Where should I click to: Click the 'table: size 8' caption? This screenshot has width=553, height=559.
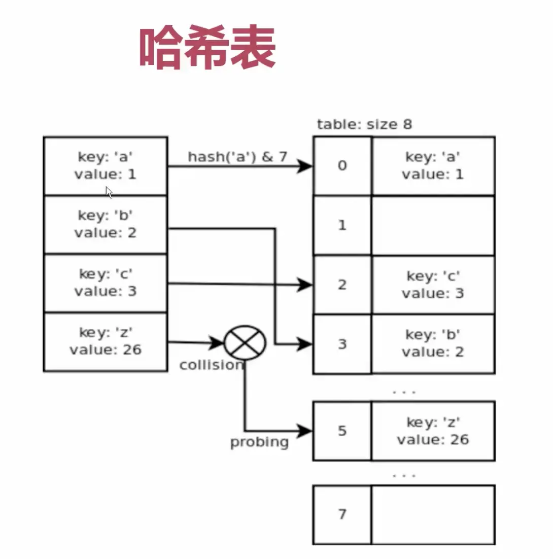364,124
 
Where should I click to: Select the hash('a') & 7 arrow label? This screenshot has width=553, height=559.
237,157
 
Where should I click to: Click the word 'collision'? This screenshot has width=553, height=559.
211,365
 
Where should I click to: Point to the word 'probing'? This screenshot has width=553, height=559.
259,442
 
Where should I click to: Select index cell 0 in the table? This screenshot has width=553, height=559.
342,166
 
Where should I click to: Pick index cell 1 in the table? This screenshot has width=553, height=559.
342,225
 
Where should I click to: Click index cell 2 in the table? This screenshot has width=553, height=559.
342,285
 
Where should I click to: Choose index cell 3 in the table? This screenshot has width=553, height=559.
342,344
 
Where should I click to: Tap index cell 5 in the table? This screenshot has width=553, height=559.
342,431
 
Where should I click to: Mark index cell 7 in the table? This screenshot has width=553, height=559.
342,514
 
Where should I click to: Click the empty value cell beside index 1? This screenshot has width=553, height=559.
433,225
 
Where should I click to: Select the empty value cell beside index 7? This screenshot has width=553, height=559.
433,514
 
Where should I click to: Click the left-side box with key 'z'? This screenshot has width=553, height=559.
106,341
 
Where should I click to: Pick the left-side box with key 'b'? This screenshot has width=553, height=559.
106,224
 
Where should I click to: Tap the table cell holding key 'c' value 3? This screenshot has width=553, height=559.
433,285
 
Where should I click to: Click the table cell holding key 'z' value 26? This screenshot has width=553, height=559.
433,431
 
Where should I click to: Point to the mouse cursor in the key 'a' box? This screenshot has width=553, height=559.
109,192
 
